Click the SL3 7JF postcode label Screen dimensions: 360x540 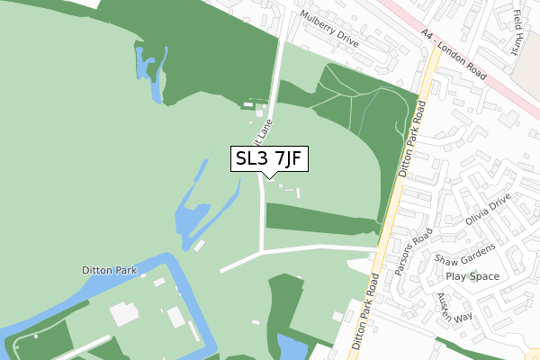pos(270,159)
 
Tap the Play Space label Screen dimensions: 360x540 pos(472,277)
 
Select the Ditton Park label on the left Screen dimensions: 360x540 pos(107,269)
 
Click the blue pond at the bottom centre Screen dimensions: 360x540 pos(293,346)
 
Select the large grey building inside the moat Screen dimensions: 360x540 pos(124,315)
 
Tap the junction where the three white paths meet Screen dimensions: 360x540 pos(263,251)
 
